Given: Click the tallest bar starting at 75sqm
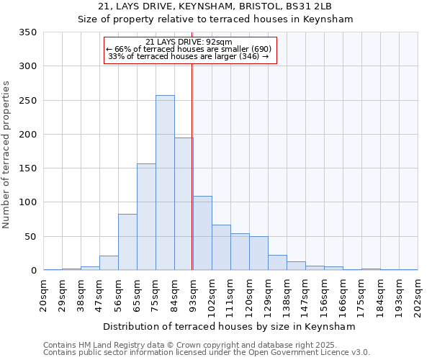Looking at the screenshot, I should (x=165, y=183).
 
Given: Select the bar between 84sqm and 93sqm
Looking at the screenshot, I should (x=184, y=204).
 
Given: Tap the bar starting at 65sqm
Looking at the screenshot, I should (x=146, y=217).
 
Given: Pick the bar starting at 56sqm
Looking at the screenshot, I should (x=127, y=242).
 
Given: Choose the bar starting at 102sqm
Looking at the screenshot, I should (x=221, y=248).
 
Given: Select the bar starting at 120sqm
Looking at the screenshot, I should (x=258, y=253).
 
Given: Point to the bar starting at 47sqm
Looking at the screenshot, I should (x=109, y=263).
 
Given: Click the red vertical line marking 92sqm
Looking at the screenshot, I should (x=192, y=158).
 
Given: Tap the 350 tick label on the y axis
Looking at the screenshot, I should (x=27, y=32).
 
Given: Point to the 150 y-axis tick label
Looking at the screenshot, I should (x=27, y=168).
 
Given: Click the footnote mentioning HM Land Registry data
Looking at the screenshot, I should (x=206, y=345).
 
